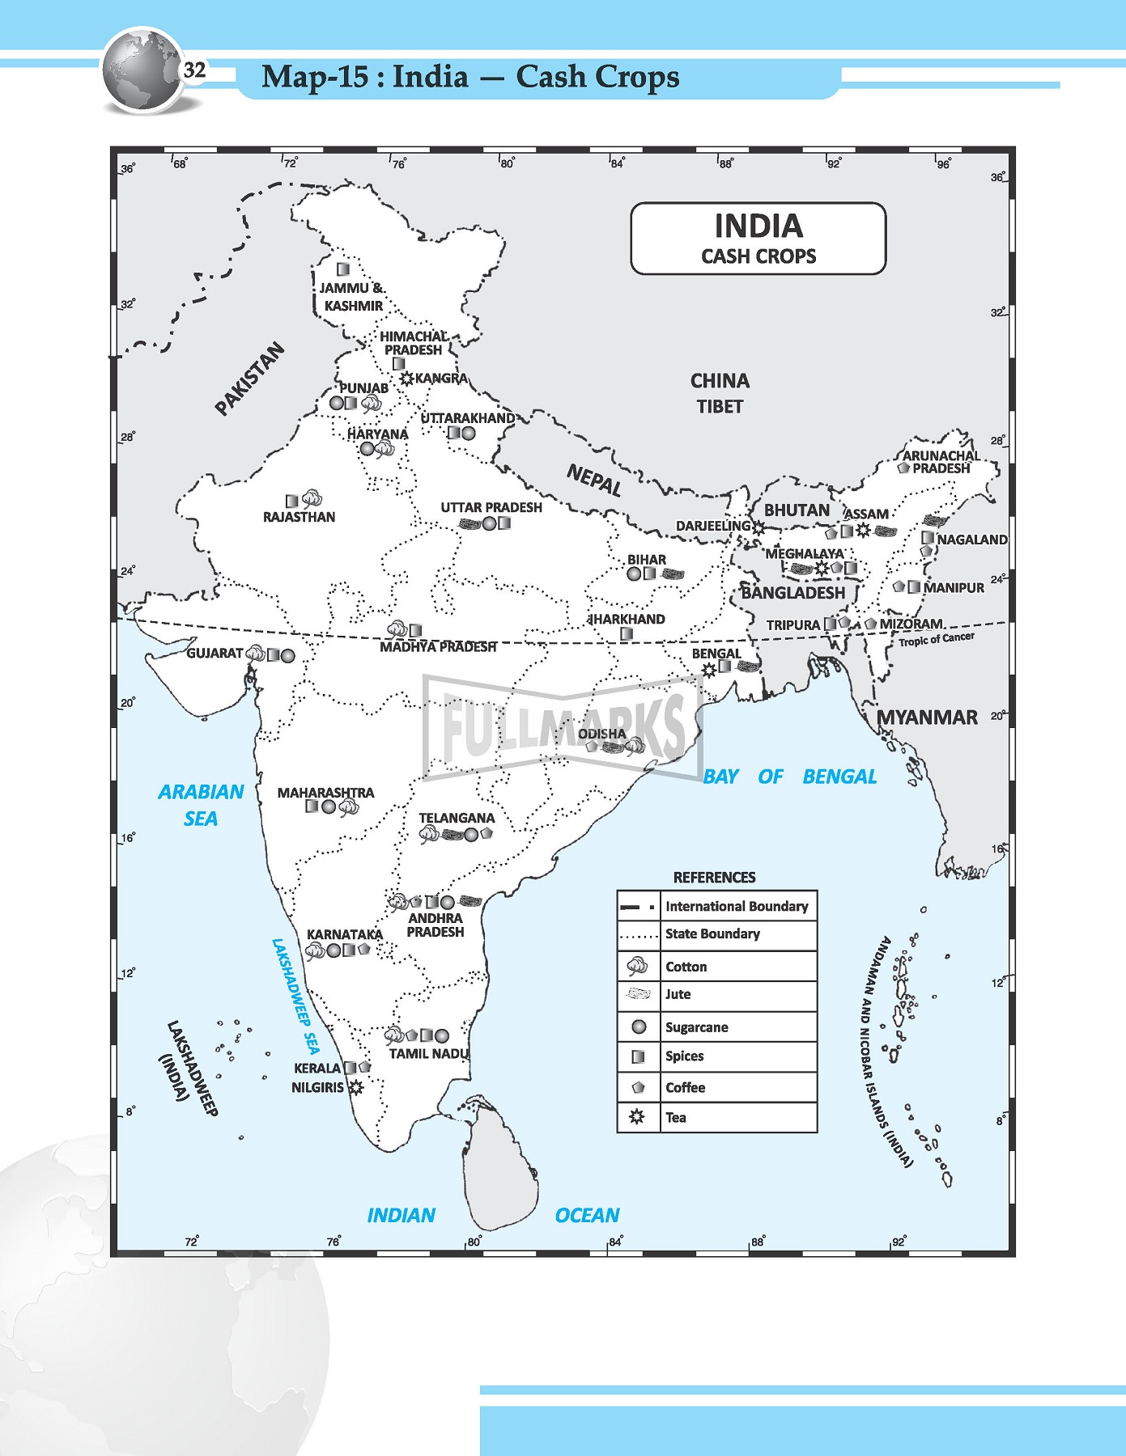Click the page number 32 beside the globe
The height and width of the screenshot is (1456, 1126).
click(195, 70)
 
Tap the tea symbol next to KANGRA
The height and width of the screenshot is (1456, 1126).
click(406, 378)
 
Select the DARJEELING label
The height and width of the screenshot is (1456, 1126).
click(712, 526)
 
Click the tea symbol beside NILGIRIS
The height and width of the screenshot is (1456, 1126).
click(355, 1088)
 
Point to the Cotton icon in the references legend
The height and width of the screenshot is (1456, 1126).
click(638, 966)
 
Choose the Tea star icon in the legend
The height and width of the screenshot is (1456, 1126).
click(638, 1117)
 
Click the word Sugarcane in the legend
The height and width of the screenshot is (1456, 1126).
click(696, 1027)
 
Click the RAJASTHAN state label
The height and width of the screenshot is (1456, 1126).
click(299, 517)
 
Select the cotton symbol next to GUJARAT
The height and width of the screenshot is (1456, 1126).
click(255, 654)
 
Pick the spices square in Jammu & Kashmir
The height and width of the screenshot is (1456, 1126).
click(343, 269)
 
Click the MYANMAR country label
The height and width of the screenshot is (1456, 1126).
click(927, 717)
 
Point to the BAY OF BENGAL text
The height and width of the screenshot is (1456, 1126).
click(789, 777)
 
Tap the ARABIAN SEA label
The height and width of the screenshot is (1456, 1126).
click(201, 805)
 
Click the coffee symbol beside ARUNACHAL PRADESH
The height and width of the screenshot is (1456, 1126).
click(904, 468)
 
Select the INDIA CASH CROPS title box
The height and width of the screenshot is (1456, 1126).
click(758, 239)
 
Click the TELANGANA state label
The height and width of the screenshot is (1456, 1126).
click(457, 818)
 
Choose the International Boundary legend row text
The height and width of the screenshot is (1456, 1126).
click(737, 906)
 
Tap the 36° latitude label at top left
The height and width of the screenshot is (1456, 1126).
click(128, 169)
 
